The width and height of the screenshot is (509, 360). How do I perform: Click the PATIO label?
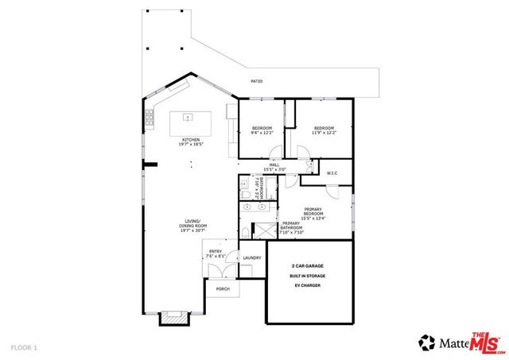coord(256,82)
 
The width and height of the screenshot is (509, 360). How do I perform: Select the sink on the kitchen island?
coord(188,118)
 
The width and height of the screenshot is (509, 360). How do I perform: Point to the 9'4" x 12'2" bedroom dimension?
coord(262,133)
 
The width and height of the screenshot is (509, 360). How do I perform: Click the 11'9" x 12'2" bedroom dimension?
coord(323,133)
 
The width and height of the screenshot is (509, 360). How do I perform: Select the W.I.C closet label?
coord(333,172)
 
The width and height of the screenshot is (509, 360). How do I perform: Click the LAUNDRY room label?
coord(252,257)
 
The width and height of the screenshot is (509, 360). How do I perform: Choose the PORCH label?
coord(223,288)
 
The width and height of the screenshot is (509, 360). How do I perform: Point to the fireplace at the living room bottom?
coord(174,318)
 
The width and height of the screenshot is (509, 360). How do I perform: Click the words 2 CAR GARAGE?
coord(306,266)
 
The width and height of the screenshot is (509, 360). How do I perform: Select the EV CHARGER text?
coord(306,285)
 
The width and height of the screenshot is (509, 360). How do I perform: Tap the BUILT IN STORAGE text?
coord(306,276)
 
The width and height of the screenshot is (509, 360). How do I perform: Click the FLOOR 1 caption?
coord(23,347)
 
